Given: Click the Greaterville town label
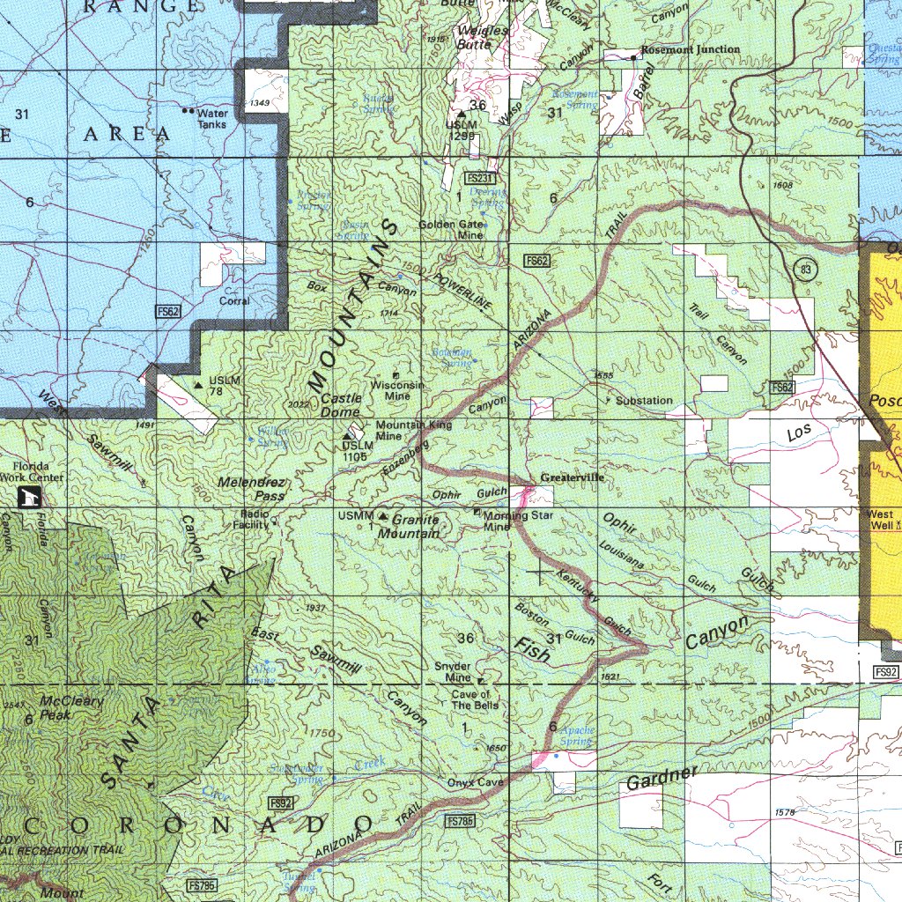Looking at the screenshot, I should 573,477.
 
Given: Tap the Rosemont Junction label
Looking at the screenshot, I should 690,49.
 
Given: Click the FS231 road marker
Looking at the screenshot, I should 492,178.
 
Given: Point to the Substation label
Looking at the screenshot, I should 644,401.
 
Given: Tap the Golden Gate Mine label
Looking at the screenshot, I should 451,230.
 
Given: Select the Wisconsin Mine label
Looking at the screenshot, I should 397,390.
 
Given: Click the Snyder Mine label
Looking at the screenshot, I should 452,672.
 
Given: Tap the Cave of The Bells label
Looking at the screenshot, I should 475,700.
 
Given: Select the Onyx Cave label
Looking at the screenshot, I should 475,782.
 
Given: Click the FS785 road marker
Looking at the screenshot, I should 461,821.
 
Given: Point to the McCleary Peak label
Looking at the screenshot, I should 71,708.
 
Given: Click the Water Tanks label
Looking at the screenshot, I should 211,119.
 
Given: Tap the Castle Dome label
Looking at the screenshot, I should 340,406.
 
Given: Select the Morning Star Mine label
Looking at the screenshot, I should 516,521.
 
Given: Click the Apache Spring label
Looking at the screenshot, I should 577,736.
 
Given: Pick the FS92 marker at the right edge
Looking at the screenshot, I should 885,672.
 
